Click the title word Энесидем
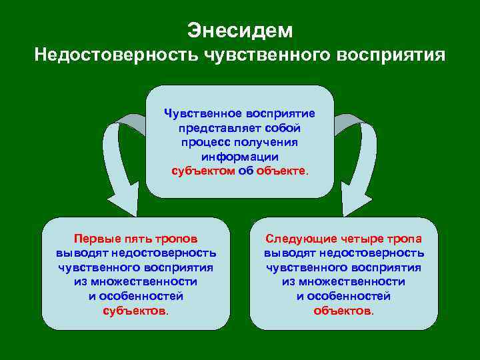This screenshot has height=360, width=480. (x=239, y=30)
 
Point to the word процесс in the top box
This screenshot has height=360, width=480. (x=203, y=142)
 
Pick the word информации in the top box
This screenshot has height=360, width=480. (x=240, y=157)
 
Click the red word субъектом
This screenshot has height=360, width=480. (x=203, y=171)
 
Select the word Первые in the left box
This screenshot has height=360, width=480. (x=96, y=239)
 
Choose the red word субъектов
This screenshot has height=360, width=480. (x=135, y=311)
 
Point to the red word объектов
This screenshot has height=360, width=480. (x=343, y=311)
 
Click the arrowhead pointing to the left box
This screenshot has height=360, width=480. (x=123, y=201)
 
